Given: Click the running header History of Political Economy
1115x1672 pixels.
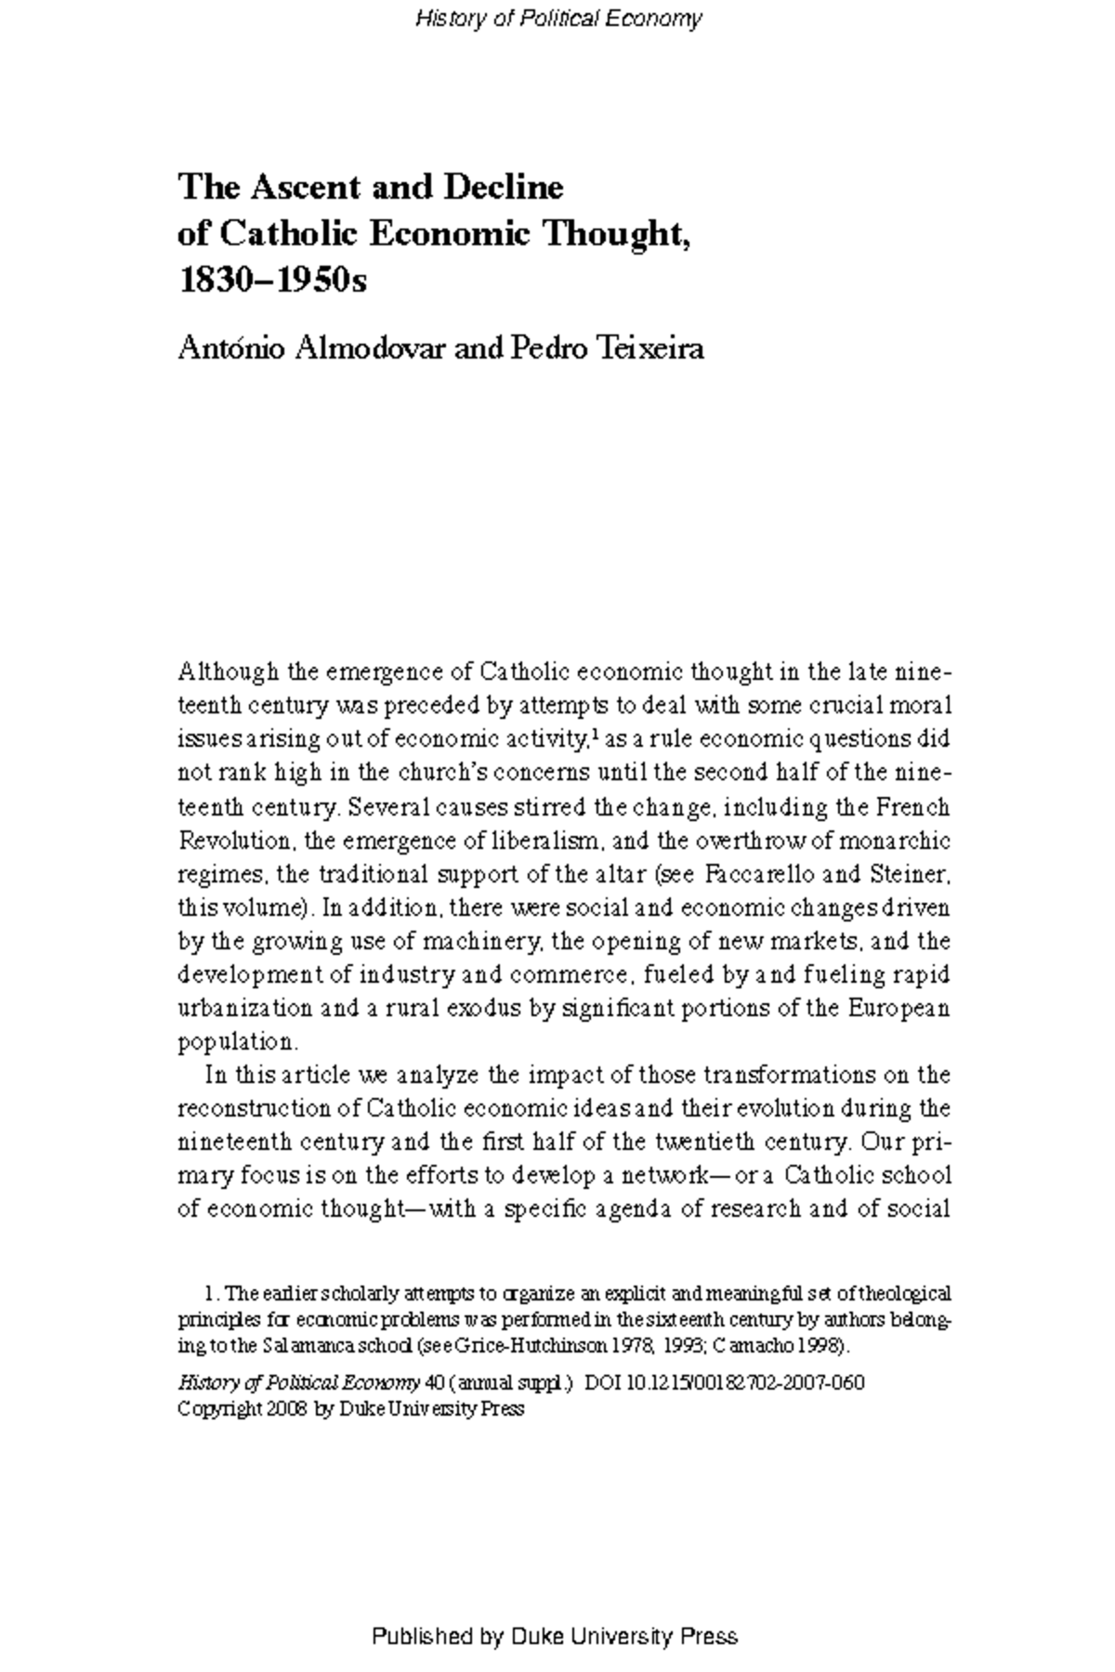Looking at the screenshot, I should pos(557,19).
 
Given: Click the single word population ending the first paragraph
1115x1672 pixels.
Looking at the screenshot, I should pos(236,1041).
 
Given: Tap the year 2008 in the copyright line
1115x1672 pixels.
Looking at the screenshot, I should pos(282,1408).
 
